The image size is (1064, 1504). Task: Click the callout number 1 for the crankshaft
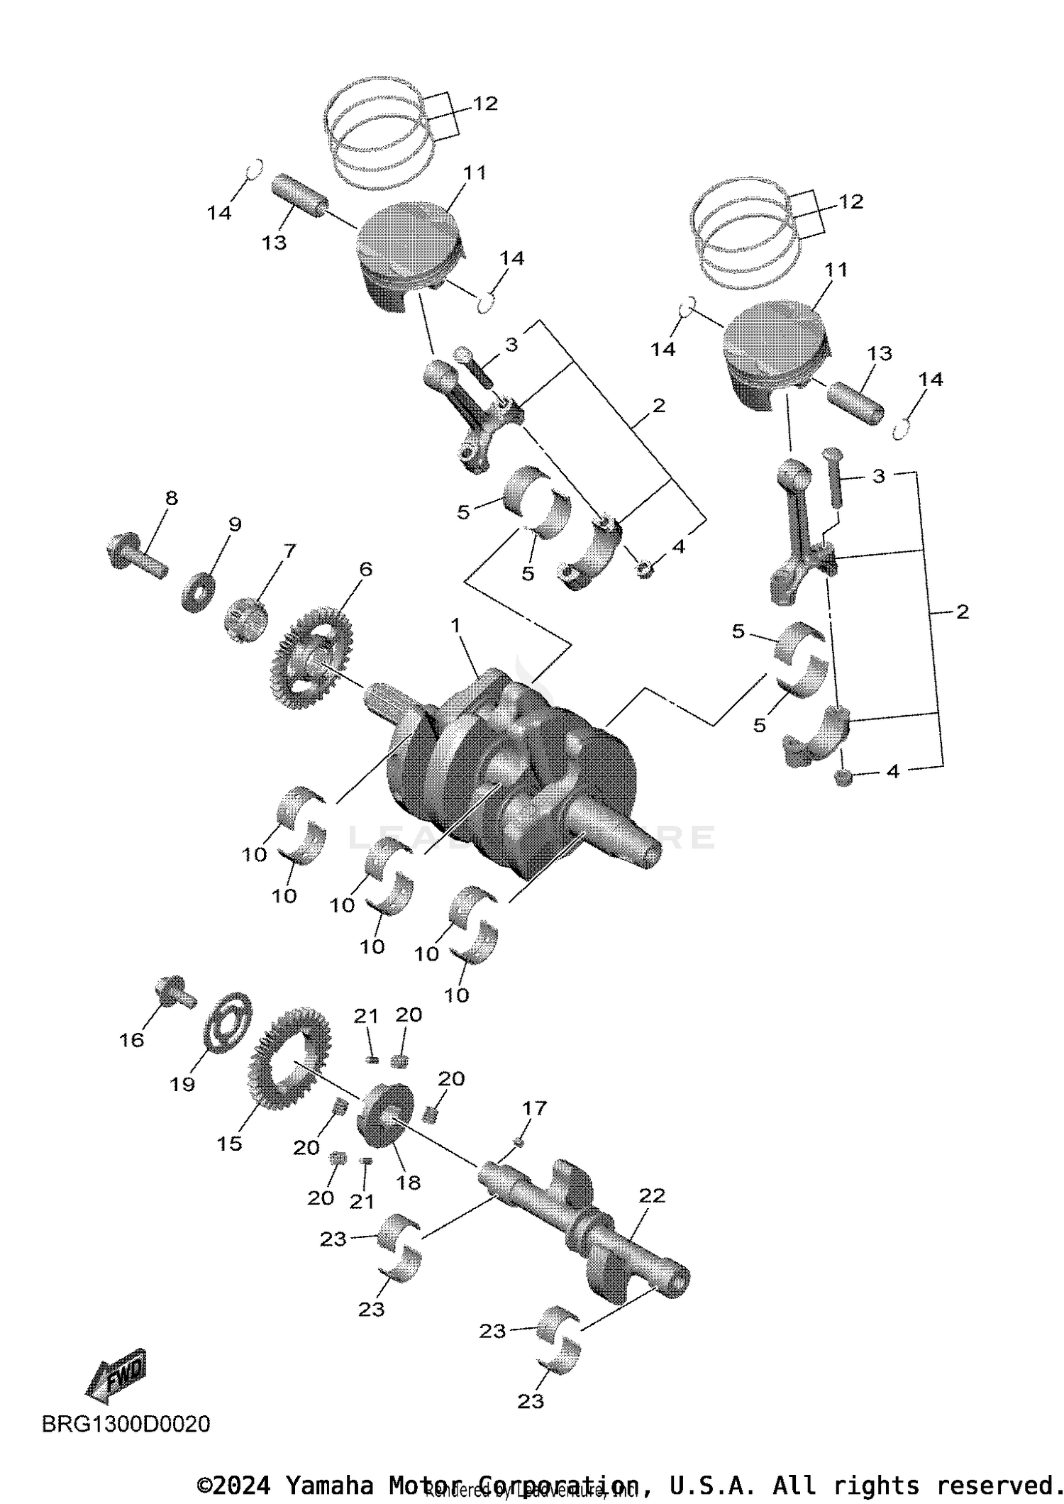click(x=455, y=626)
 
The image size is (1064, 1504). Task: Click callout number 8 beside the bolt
click(x=171, y=498)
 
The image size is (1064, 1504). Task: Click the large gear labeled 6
click(x=312, y=656)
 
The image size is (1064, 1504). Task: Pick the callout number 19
click(x=182, y=1084)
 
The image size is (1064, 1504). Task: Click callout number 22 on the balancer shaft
click(x=652, y=1195)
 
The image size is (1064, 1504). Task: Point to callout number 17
click(x=535, y=1108)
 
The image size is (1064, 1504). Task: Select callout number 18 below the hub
click(x=409, y=1182)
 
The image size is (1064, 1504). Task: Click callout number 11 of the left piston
click(x=475, y=172)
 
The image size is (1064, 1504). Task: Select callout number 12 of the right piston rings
click(x=850, y=201)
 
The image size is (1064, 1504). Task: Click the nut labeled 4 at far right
click(x=842, y=778)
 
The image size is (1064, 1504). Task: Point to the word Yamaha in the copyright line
click(x=328, y=1485)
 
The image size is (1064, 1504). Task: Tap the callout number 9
click(x=234, y=524)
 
